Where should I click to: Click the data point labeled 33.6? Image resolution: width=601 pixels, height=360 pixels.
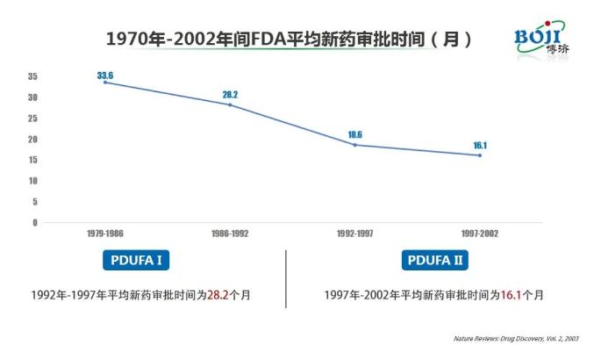click(x=105, y=82)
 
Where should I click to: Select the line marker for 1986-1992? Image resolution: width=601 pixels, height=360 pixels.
click(x=230, y=104)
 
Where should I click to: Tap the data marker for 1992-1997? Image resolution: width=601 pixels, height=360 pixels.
click(x=355, y=144)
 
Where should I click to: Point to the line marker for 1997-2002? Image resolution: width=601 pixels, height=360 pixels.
click(x=480, y=155)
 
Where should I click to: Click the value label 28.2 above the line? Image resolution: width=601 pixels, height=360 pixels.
click(x=230, y=93)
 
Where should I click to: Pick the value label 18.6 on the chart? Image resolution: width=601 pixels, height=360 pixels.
click(x=355, y=133)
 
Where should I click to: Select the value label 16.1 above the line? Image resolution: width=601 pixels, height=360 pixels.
click(x=480, y=144)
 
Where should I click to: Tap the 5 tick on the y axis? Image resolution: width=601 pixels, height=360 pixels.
click(x=35, y=201)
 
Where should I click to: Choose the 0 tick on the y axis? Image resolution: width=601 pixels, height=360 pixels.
click(x=35, y=222)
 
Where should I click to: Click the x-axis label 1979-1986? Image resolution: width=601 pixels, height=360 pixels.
click(x=104, y=234)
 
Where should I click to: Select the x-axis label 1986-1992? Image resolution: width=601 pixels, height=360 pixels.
click(x=230, y=234)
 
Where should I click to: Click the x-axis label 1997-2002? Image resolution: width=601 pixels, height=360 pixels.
click(x=480, y=234)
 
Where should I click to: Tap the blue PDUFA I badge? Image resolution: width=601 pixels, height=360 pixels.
click(x=134, y=261)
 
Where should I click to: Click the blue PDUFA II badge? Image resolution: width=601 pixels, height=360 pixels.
click(x=435, y=261)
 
